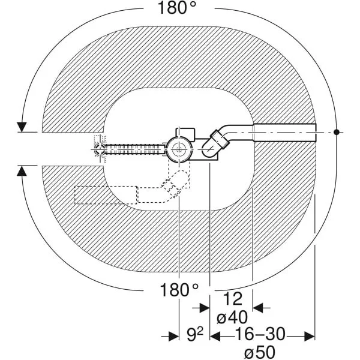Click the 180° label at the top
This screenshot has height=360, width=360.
coord(177,8)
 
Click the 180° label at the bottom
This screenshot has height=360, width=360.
coord(179,290)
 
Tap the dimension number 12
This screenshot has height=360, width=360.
coord(233,299)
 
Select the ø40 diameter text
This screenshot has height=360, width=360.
coord(232,317)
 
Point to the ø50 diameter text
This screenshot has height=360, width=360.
coord(260,352)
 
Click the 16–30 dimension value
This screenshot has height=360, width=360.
coord(260,334)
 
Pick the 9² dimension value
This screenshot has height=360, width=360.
coord(194,335)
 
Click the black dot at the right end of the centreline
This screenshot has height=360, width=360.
coord(337,132)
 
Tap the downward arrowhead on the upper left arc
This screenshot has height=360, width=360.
coord(22,127)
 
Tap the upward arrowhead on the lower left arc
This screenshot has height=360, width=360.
coord(22,171)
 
